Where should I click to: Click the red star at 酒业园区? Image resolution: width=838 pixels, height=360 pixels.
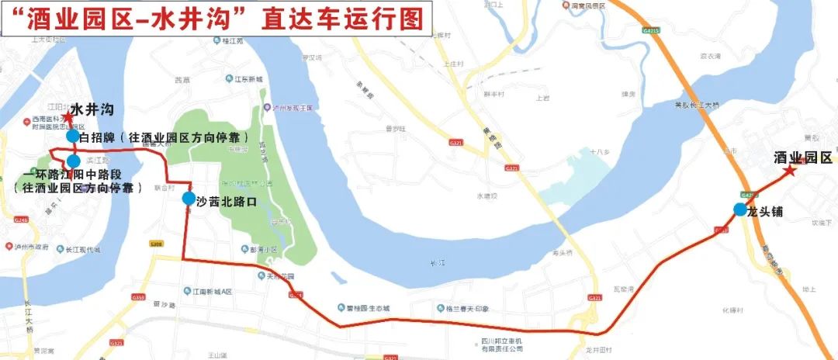(x=790, y=171)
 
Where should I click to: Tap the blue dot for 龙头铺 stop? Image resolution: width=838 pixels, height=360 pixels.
(x=741, y=209)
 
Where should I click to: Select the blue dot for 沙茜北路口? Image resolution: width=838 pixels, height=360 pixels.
(x=189, y=199)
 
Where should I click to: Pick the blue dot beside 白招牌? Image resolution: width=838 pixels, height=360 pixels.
(x=72, y=137)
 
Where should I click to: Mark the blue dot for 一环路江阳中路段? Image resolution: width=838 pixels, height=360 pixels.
(x=74, y=161)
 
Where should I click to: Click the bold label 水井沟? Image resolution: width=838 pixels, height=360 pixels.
(x=92, y=109)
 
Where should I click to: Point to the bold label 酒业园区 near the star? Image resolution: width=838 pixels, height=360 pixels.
(x=803, y=157)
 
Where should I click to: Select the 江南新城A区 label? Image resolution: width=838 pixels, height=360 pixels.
(x=213, y=292)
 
